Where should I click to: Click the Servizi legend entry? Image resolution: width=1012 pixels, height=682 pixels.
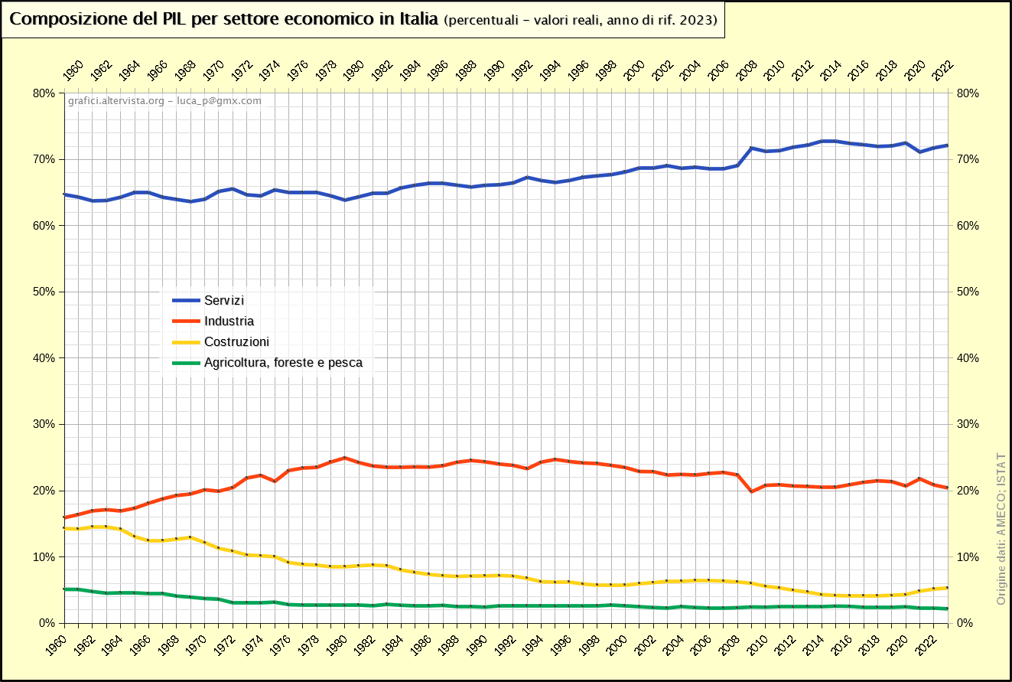tap(224, 301)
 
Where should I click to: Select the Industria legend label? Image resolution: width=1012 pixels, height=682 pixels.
tap(229, 321)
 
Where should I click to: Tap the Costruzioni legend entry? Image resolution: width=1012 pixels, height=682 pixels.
tap(236, 342)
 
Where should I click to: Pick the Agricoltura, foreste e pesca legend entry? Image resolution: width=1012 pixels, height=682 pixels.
tap(283, 363)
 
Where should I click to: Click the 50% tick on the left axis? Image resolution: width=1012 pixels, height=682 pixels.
tap(44, 292)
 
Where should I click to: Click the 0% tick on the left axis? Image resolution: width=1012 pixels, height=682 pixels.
tap(47, 623)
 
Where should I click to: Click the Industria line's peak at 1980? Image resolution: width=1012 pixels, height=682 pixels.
tap(344, 458)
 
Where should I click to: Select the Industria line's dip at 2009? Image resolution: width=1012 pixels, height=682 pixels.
tap(751, 491)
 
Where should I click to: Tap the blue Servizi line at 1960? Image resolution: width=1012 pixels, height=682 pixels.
tap(64, 194)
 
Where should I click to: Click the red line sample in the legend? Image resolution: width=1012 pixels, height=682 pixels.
tap(184, 321)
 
